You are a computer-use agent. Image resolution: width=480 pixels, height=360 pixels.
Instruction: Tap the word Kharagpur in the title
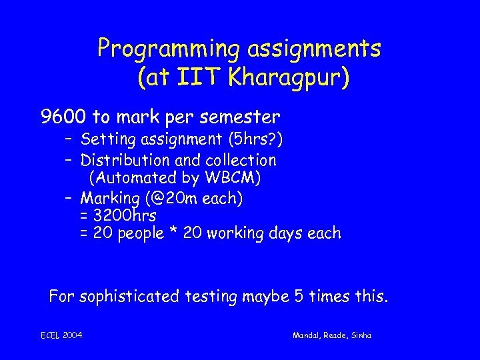point(287,78)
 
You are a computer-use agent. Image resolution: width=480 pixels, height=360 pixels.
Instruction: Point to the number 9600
point(63,117)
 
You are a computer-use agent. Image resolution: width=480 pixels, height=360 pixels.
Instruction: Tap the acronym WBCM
point(234,178)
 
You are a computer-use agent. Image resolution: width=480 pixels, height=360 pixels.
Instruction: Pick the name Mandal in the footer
point(307,335)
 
